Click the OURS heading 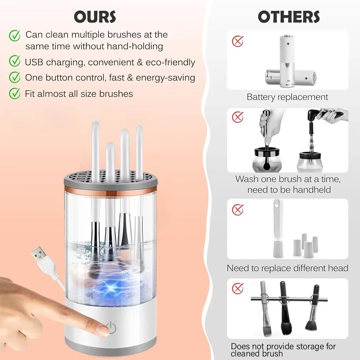[95, 17]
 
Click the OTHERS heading [289, 17]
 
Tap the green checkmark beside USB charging [14, 62]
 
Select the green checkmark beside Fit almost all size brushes [14, 94]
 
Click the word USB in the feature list [34, 62]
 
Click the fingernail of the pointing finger [103, 329]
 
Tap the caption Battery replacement [287, 97]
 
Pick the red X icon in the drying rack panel [237, 288]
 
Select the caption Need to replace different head [287, 268]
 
